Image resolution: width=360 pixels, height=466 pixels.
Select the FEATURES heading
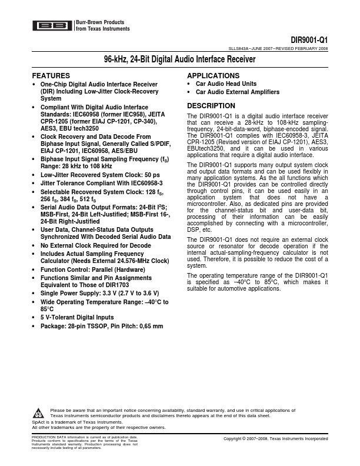tap(51, 76)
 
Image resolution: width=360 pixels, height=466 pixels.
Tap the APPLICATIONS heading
tap(213, 76)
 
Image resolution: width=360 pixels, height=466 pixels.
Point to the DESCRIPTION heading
tap(211, 106)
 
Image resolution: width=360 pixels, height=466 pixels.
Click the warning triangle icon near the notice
tap(38, 412)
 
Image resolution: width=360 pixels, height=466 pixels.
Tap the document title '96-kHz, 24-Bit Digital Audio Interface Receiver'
tap(180, 60)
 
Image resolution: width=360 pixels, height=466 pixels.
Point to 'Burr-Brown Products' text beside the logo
tap(95, 22)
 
